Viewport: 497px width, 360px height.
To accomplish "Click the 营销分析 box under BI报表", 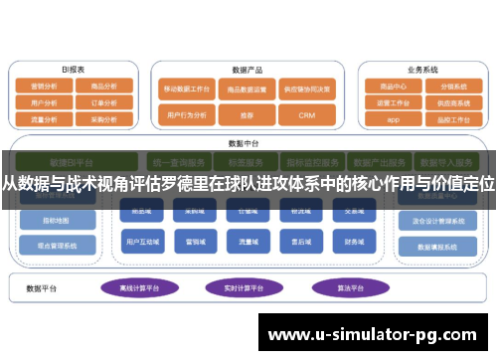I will pyautogui.click(x=45, y=87).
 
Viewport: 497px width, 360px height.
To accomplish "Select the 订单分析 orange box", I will pyautogui.click(x=104, y=101).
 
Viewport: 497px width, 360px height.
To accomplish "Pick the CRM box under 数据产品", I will pyautogui.click(x=306, y=115).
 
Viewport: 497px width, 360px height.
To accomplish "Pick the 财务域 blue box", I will pyautogui.click(x=354, y=240).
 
